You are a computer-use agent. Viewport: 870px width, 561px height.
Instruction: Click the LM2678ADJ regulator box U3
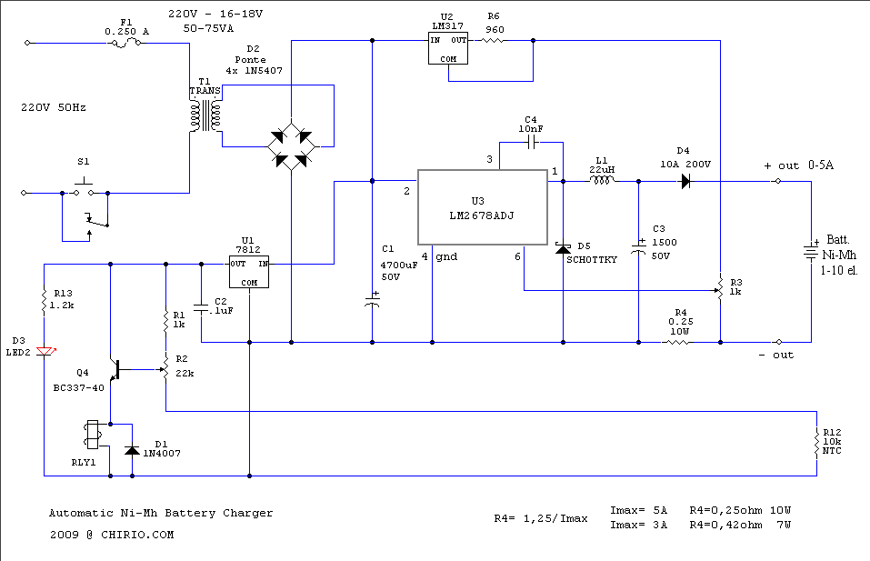482,207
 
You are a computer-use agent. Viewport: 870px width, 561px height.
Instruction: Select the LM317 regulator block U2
448,48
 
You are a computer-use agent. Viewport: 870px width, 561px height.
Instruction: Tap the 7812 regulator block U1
248,271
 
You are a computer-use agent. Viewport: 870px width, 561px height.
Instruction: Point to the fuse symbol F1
126,42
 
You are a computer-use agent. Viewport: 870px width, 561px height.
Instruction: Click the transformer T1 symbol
205,115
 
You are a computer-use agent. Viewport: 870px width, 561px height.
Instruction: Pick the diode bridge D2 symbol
291,146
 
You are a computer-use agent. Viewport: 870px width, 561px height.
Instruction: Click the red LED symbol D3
45,351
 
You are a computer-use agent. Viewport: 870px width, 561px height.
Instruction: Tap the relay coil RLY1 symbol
92,435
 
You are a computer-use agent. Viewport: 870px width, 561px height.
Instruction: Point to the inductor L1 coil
602,180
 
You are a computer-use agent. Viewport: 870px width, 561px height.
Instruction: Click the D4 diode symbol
685,181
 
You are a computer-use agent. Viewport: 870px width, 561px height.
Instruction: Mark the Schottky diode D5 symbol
563,248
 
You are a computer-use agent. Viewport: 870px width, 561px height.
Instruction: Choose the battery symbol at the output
811,253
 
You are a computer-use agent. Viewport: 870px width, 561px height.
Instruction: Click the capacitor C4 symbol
532,143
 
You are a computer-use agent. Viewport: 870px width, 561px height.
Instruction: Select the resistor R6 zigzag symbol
493,41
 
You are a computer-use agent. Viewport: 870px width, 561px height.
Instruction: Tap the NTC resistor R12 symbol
816,443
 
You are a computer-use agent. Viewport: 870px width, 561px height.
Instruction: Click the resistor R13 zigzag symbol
45,301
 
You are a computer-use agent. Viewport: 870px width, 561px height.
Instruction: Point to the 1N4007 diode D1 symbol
132,450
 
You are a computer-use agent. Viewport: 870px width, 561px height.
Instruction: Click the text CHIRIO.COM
137,535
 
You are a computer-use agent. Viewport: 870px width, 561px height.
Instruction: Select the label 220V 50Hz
54,107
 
